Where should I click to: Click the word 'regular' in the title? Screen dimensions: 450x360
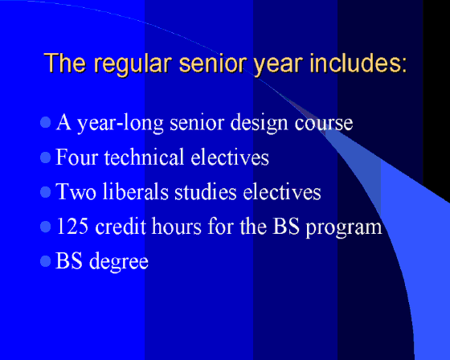pyautogui.click(x=133, y=64)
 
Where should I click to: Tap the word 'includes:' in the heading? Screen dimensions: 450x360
pyautogui.click(x=358, y=63)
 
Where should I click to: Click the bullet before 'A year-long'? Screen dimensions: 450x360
pyautogui.click(x=45, y=122)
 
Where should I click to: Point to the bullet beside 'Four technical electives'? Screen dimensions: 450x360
pyautogui.click(x=45, y=157)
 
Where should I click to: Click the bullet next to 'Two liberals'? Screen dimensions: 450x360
pyautogui.click(x=45, y=192)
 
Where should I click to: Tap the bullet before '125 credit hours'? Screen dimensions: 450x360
pyautogui.click(x=45, y=227)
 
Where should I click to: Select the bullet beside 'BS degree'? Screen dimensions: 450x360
pyautogui.click(x=45, y=261)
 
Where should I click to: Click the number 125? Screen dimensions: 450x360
pyautogui.click(x=72, y=226)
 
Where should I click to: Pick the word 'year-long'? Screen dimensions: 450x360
pyautogui.click(x=121, y=124)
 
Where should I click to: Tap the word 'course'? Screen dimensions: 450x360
pyautogui.click(x=324, y=125)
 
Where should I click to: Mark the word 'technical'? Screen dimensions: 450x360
pyautogui.click(x=144, y=157)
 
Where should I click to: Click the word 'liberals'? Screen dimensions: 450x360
pyautogui.click(x=136, y=191)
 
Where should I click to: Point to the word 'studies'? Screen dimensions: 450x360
pyautogui.click(x=206, y=191)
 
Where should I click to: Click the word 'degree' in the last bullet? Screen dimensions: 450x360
pyautogui.click(x=119, y=263)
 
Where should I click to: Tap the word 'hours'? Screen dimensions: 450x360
pyautogui.click(x=177, y=226)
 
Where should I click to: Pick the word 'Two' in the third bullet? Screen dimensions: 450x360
pyautogui.click(x=76, y=191)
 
